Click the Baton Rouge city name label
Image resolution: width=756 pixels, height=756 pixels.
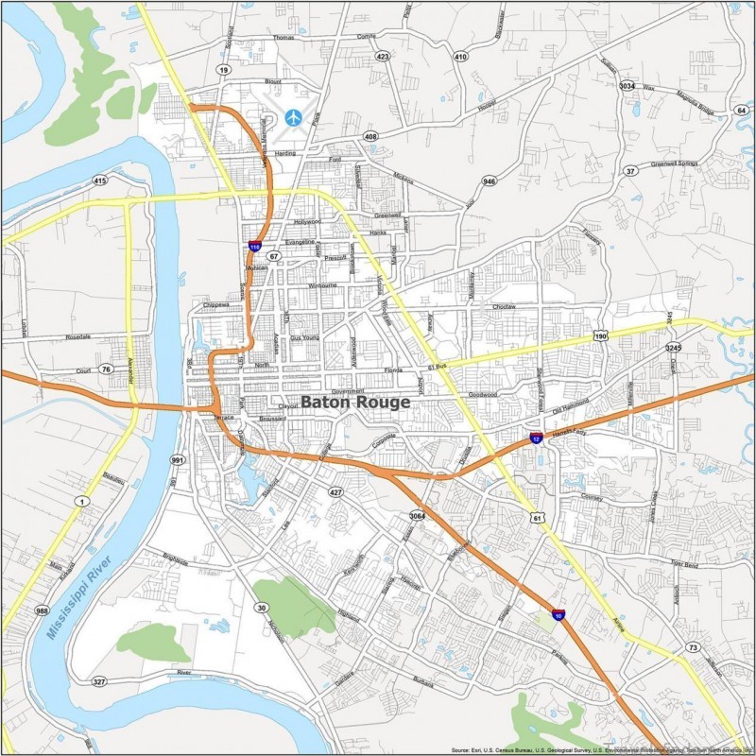point(355,402)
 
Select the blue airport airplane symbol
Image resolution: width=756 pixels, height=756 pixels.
point(294,118)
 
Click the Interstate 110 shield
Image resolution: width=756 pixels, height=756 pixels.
point(254,246)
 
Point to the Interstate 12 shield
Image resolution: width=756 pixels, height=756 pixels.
point(536,438)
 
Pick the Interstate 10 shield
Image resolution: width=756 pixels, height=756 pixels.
point(559,614)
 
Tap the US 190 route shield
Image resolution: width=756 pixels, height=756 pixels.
point(601,335)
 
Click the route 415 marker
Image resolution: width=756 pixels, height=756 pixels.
point(99,180)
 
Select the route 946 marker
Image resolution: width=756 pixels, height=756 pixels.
point(489,180)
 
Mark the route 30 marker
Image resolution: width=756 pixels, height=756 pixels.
point(260,608)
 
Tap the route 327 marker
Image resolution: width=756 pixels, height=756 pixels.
point(99,681)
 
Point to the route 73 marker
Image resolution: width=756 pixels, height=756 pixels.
point(693,647)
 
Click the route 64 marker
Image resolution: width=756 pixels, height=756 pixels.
point(741,111)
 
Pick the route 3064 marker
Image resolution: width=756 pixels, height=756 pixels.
point(417,515)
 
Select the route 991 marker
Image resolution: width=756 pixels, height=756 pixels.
point(177,460)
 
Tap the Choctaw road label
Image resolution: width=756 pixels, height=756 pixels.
point(504,307)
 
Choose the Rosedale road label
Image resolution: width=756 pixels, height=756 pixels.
point(77,336)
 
